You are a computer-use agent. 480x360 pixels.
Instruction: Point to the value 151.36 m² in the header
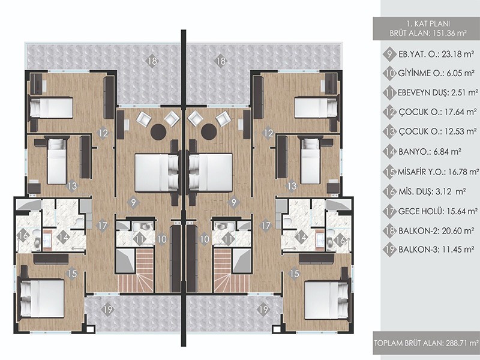[449, 33]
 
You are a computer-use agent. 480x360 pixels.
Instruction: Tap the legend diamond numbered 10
[389, 73]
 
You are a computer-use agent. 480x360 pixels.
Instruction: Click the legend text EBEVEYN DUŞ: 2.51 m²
[438, 93]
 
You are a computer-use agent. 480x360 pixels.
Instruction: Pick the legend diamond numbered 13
[389, 131]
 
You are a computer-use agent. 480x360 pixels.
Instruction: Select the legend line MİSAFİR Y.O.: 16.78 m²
[438, 172]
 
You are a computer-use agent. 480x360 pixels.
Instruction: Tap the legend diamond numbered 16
[389, 191]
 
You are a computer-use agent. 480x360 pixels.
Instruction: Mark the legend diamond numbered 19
[389, 250]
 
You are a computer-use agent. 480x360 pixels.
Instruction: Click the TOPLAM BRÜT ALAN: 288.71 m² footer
[427, 343]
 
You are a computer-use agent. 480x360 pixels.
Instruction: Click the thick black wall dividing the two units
[184, 188]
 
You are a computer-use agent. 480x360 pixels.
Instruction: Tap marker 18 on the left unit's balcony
[152, 61]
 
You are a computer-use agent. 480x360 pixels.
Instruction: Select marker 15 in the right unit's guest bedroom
[295, 274]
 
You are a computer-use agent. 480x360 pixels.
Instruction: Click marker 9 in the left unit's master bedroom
[133, 202]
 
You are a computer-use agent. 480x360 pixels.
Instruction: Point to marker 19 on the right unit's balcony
[263, 310]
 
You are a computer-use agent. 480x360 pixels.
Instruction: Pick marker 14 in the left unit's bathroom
[64, 236]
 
